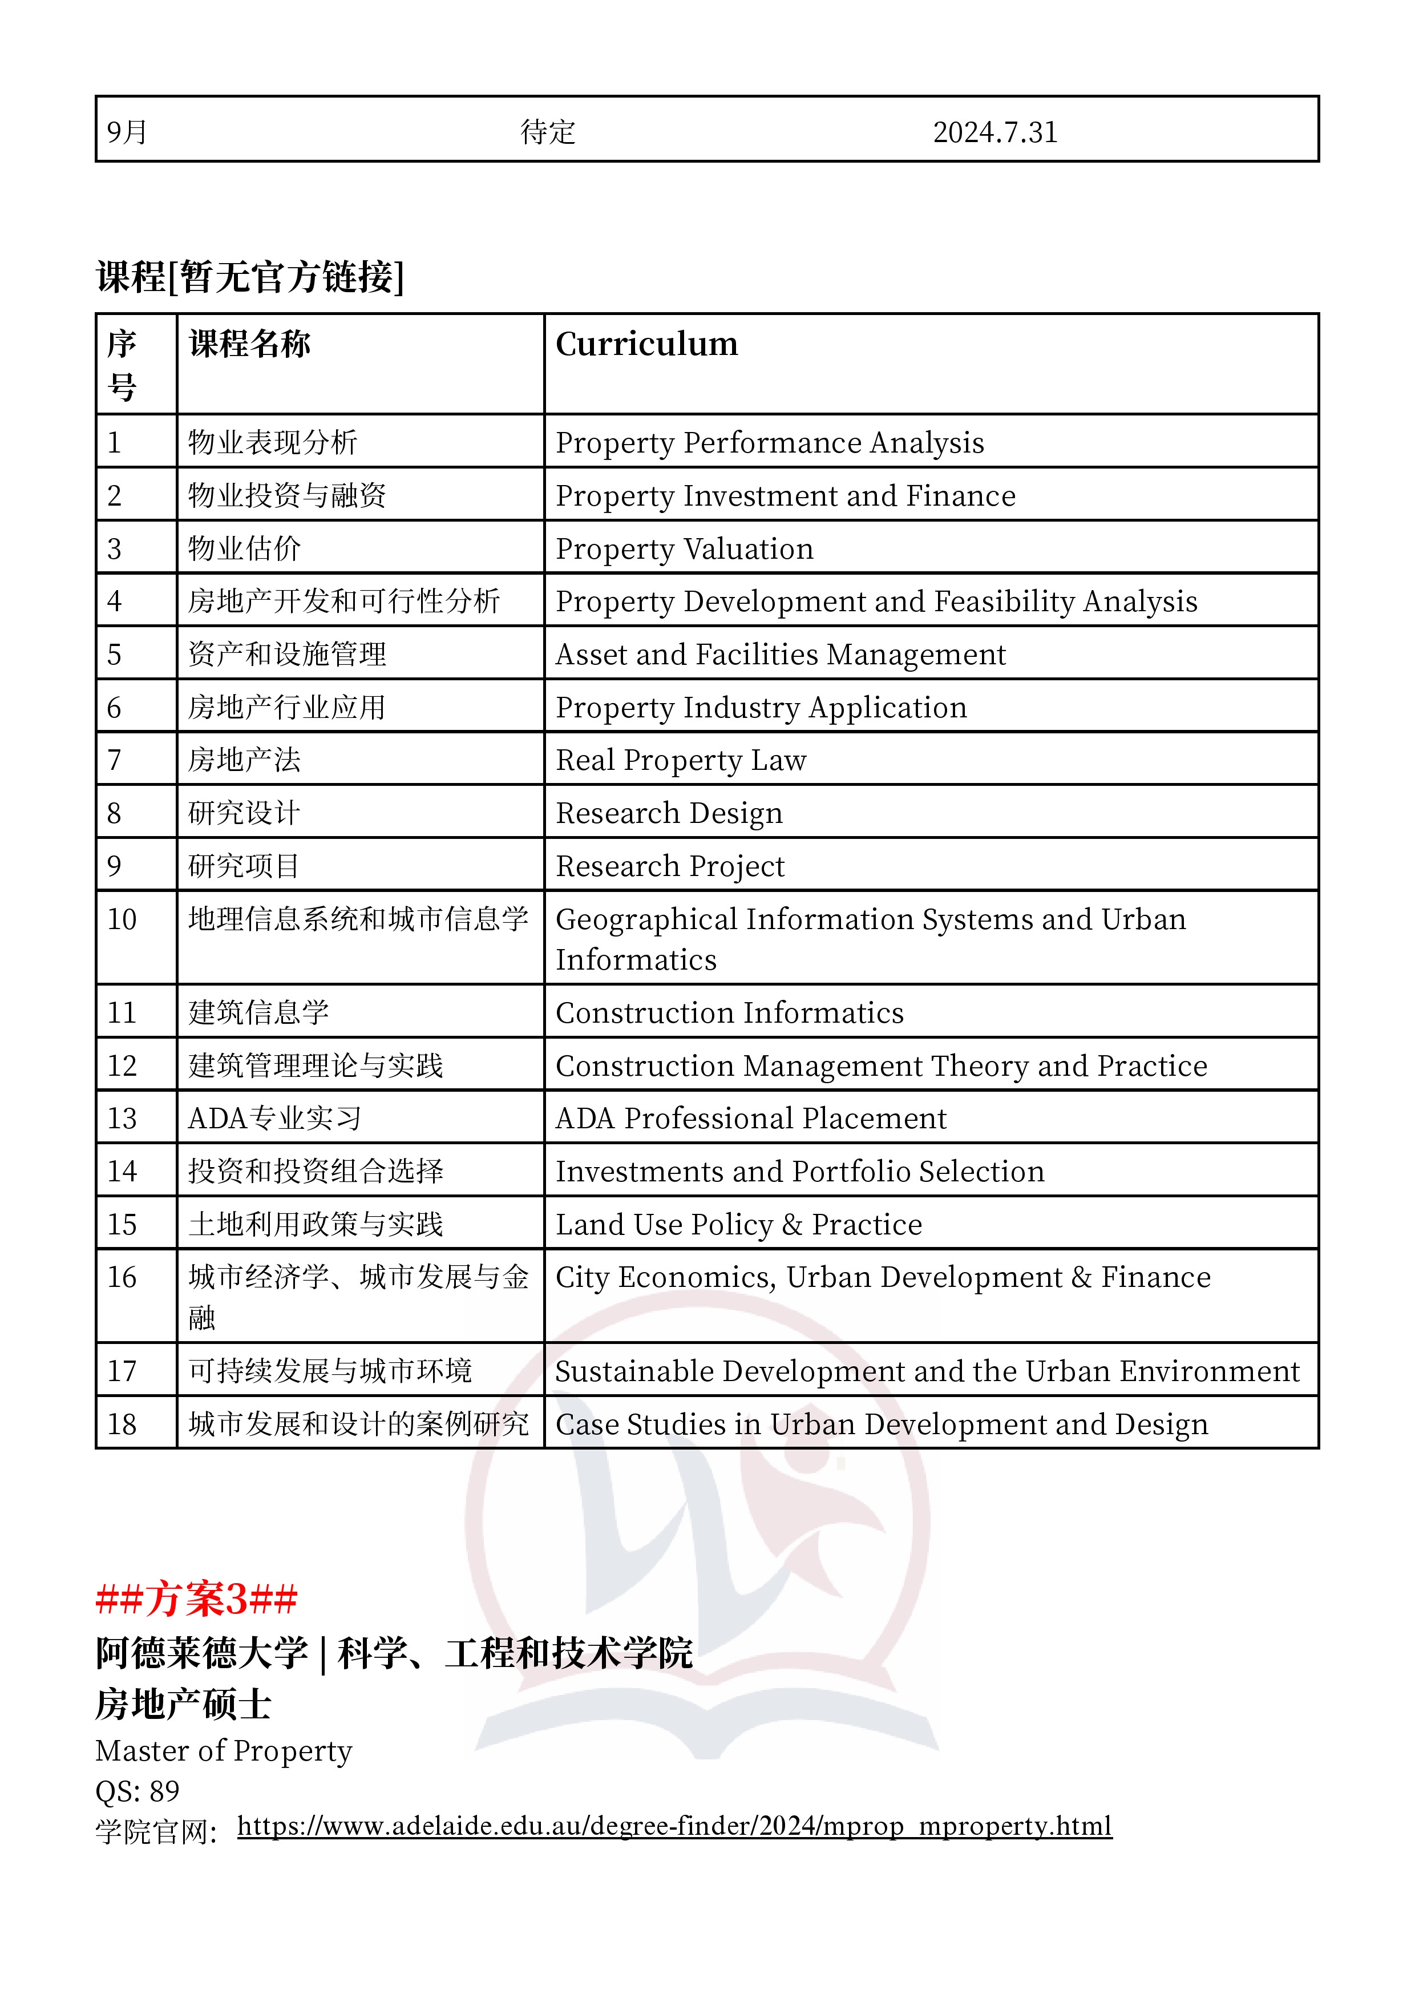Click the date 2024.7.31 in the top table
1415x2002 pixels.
coord(994,132)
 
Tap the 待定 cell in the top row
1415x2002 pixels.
coord(548,132)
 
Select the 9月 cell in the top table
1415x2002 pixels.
coord(127,132)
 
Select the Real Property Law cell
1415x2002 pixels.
coord(681,760)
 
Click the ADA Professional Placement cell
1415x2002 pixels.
coord(751,1119)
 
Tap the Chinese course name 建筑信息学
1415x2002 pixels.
coord(259,1013)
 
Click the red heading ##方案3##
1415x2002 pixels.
coord(196,1599)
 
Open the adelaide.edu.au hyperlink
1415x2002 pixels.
coord(674,1826)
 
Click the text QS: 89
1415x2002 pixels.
coord(137,1791)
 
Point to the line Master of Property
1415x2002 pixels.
coord(223,1751)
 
